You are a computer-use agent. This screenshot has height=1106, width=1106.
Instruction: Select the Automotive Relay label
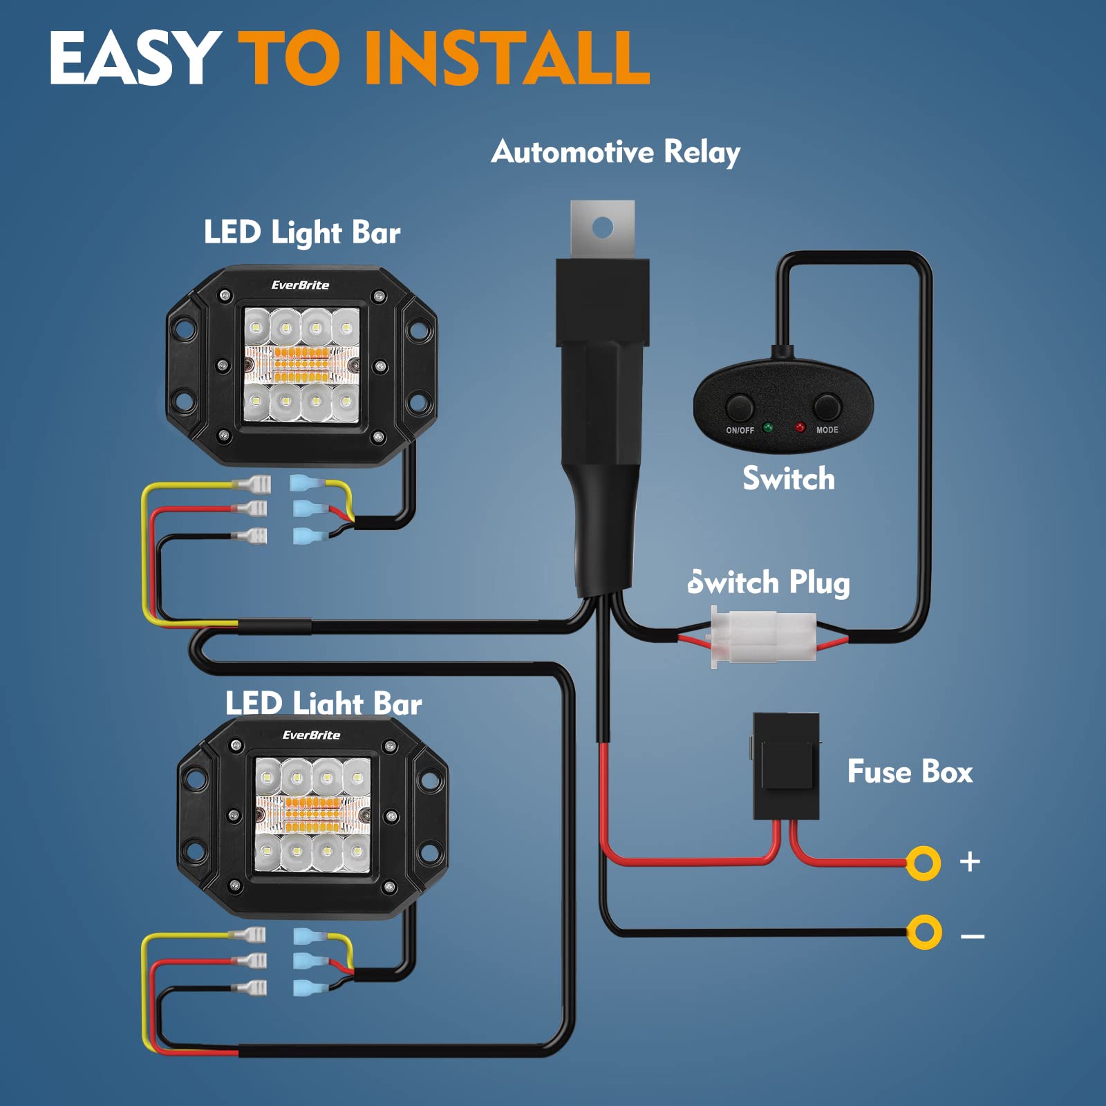click(x=615, y=152)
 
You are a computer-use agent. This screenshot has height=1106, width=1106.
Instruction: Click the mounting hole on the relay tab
click(x=603, y=226)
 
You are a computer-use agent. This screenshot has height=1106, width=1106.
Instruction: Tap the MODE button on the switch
click(x=827, y=407)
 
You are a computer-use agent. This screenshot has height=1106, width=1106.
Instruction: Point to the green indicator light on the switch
click(x=768, y=428)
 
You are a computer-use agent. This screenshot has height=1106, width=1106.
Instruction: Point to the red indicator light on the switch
click(x=800, y=428)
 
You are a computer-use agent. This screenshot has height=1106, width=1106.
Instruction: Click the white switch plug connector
click(x=764, y=636)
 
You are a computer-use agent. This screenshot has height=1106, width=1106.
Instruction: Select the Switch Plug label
click(x=769, y=583)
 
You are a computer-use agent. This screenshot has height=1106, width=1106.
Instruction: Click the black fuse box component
click(x=786, y=766)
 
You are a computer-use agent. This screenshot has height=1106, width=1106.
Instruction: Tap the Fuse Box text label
click(x=910, y=771)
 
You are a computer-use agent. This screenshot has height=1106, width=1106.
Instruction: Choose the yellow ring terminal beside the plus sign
click(x=924, y=863)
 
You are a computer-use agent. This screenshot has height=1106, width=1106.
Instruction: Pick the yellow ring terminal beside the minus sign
click(x=924, y=932)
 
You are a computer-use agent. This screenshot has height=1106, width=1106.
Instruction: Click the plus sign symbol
click(x=970, y=861)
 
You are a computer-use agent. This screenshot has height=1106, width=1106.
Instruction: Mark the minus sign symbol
click(x=973, y=937)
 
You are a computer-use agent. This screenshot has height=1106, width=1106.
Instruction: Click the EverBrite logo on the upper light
click(x=300, y=285)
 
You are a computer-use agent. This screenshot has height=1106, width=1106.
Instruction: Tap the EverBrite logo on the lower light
click(x=311, y=735)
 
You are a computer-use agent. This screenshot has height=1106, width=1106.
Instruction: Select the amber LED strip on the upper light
click(x=302, y=364)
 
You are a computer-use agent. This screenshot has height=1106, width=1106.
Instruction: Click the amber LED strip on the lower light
click(x=312, y=814)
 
